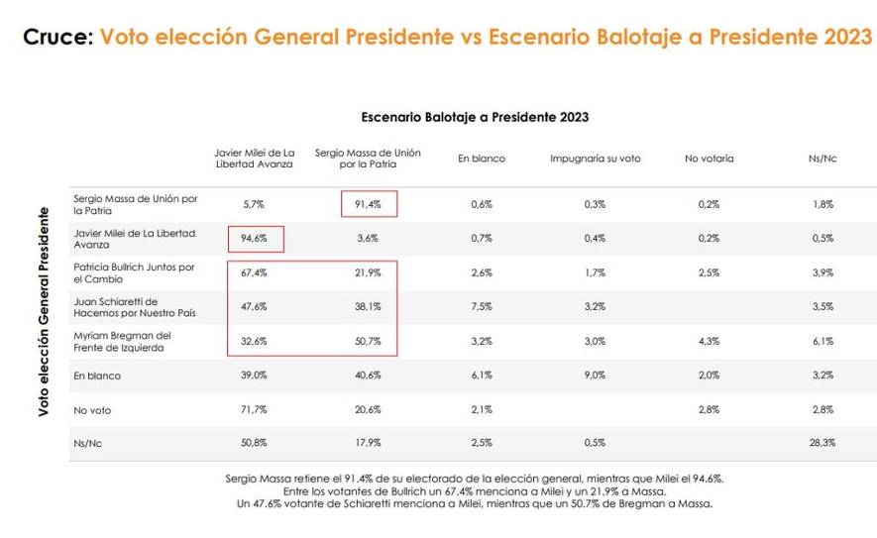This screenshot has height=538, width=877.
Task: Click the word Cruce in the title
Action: pos(56,38)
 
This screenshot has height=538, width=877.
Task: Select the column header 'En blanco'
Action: pos(481,159)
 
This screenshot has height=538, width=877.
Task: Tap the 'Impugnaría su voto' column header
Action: pos(595,159)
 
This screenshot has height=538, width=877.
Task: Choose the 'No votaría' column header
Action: pos(709,159)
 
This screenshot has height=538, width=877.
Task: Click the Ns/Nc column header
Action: pos(822,159)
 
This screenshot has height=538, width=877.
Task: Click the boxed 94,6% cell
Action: pos(255,239)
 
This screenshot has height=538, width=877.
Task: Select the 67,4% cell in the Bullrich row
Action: pos(255,273)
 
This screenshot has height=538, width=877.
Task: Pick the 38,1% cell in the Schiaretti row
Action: pos(368,307)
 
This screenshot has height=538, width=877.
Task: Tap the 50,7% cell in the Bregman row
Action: pos(368,342)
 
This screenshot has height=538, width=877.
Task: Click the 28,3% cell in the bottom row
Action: pos(822,444)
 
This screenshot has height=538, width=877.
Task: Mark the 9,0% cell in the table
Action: pos(595,376)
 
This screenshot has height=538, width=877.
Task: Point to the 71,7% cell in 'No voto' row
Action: pos(255,409)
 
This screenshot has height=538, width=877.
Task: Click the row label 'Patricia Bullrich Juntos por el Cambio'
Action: pos(134,273)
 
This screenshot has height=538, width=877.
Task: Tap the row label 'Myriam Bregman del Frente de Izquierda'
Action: pos(123,342)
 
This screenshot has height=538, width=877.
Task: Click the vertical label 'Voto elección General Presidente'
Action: pos(45,311)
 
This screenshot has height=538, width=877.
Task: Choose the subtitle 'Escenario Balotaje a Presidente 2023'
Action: pos(475,117)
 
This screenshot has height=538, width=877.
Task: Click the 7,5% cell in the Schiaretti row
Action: pos(481,307)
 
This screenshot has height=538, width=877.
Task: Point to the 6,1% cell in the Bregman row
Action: pos(822,342)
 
